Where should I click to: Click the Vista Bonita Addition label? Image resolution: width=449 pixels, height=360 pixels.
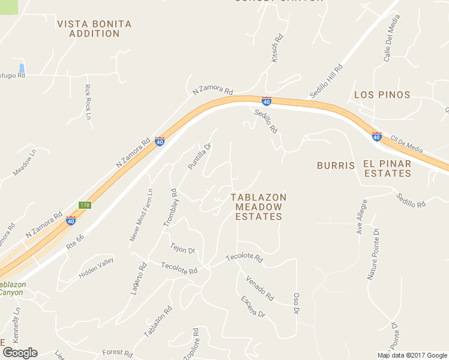pos(94,29)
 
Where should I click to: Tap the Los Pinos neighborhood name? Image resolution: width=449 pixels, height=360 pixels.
pos(382,95)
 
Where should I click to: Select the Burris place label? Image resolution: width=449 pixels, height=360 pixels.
pos(336,164)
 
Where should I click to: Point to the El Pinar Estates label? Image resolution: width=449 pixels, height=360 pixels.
pos(387,169)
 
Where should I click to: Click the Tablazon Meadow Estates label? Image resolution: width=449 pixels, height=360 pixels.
pos(259,207)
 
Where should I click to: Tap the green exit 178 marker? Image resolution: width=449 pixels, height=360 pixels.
pos(85,205)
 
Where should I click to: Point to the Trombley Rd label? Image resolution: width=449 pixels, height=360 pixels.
pos(170,208)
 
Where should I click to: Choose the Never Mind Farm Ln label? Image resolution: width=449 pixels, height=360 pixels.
pos(142,215)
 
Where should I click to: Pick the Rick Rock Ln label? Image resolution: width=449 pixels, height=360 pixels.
pos(88,101)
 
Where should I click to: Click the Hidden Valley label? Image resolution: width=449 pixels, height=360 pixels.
pos(96,271)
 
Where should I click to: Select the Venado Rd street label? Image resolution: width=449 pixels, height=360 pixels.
pos(260,288)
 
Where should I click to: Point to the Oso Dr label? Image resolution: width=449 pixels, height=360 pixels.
pos(296,303)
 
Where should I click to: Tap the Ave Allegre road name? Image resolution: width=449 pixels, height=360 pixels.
pos(361,217)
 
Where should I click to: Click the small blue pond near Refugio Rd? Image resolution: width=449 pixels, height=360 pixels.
pos(22,68)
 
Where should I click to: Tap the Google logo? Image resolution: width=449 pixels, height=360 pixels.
pos(20,353)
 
